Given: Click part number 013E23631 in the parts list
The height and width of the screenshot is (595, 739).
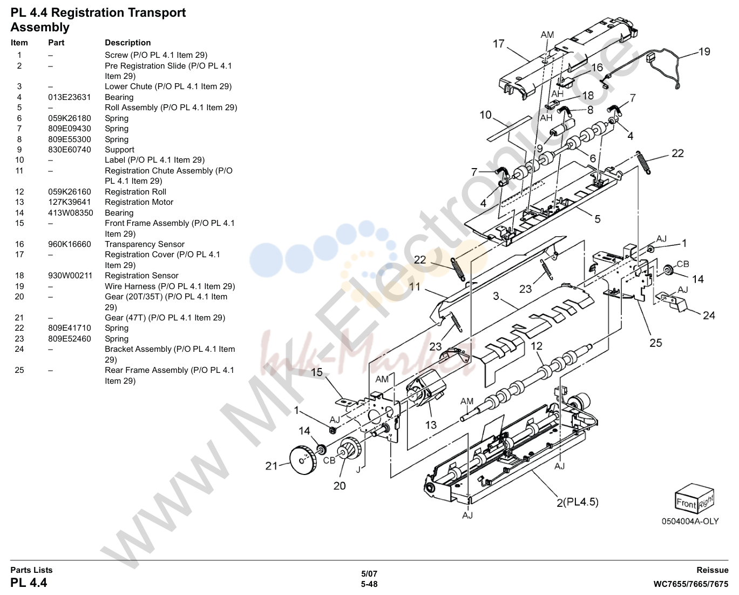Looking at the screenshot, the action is pyautogui.click(x=70, y=97).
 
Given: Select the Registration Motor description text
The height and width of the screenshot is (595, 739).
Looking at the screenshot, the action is pyautogui.click(x=139, y=202).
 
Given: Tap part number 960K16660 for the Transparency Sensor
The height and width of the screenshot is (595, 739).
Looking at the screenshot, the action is pyautogui.click(x=70, y=244).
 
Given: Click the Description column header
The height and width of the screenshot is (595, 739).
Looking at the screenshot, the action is pyautogui.click(x=128, y=43).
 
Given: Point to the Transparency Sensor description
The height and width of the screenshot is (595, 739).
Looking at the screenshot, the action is pyautogui.click(x=145, y=244).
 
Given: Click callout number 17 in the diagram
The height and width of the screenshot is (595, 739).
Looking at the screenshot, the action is pyautogui.click(x=499, y=44).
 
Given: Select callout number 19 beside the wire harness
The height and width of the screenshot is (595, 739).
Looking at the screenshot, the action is pyautogui.click(x=704, y=51).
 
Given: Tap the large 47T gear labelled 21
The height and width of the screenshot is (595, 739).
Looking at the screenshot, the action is pyautogui.click(x=302, y=459).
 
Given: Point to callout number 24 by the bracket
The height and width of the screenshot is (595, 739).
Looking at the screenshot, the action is pyautogui.click(x=709, y=315).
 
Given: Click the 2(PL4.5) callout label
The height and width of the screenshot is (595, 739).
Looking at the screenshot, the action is pyautogui.click(x=577, y=502).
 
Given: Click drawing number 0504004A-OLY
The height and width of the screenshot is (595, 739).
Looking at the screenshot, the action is pyautogui.click(x=690, y=522).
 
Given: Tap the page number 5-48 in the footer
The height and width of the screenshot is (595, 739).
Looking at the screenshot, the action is pyautogui.click(x=369, y=584).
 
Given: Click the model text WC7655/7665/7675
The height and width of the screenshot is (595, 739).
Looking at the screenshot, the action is pyautogui.click(x=690, y=584).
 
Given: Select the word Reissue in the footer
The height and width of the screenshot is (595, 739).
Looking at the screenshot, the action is pyautogui.click(x=712, y=570).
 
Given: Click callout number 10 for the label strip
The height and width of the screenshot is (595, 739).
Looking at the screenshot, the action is pyautogui.click(x=486, y=115).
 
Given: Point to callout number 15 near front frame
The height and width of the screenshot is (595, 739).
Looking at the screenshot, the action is pyautogui.click(x=317, y=372).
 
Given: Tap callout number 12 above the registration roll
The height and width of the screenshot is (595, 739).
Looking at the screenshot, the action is pyautogui.click(x=537, y=346).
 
